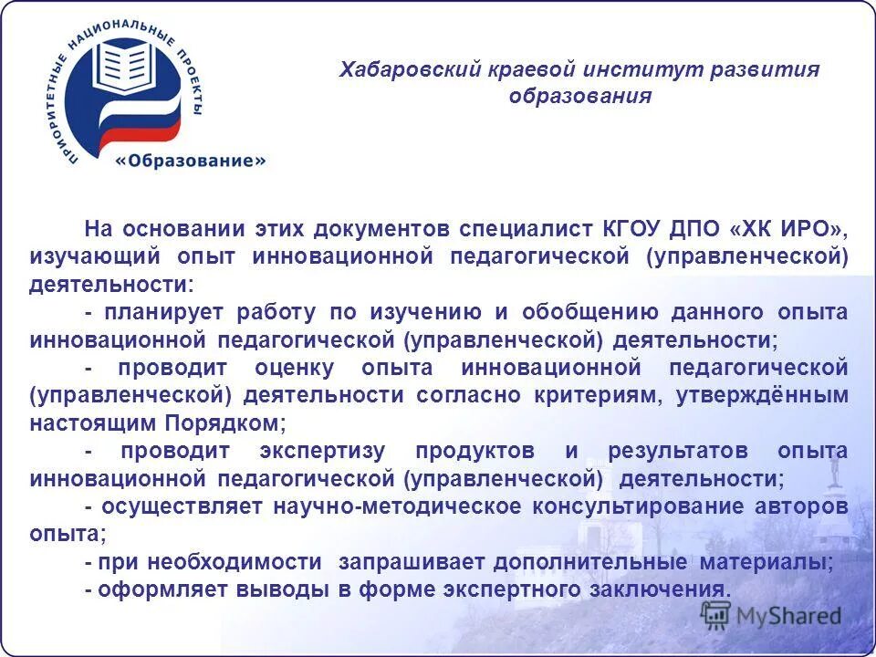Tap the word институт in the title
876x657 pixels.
pyautogui.click(x=618, y=70)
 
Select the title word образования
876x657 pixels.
pyautogui.click(x=580, y=97)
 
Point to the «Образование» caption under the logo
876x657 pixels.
pyautogui.click(x=191, y=161)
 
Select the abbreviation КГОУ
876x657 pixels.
pyautogui.click(x=634, y=228)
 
